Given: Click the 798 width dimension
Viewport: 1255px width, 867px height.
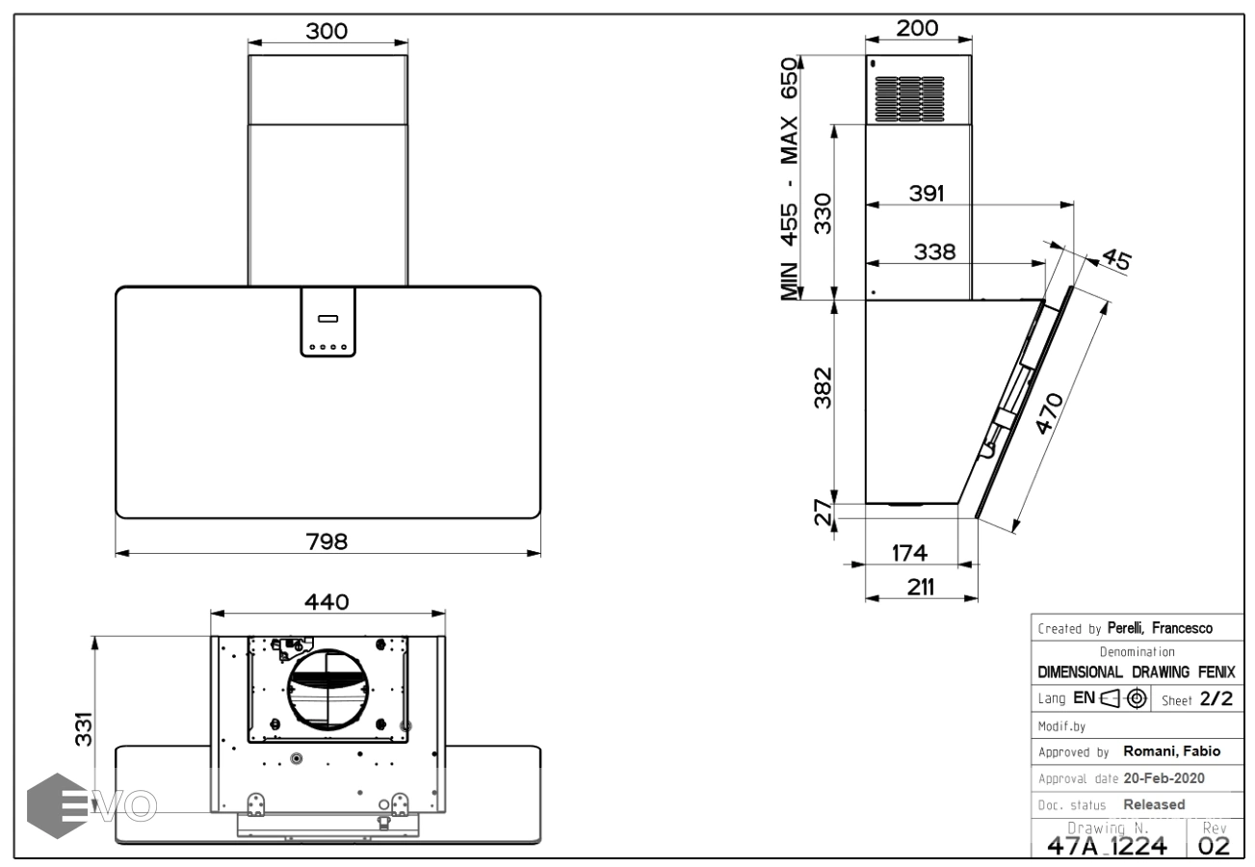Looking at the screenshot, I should tap(327, 540).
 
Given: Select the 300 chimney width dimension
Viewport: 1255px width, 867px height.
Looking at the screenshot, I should tap(327, 30).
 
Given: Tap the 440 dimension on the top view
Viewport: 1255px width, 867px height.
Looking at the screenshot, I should tap(327, 601).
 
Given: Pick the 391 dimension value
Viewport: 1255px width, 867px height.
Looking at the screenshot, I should tap(926, 192).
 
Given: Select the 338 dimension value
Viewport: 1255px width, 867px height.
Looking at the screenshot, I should tap(934, 251).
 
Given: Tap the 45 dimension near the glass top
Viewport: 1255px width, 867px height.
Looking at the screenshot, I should tap(1114, 259).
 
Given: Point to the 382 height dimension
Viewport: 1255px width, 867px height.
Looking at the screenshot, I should tap(821, 387).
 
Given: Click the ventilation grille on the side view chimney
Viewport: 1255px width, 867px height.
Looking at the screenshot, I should tap(908, 99).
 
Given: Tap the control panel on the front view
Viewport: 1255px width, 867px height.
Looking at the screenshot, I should tap(327, 323).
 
